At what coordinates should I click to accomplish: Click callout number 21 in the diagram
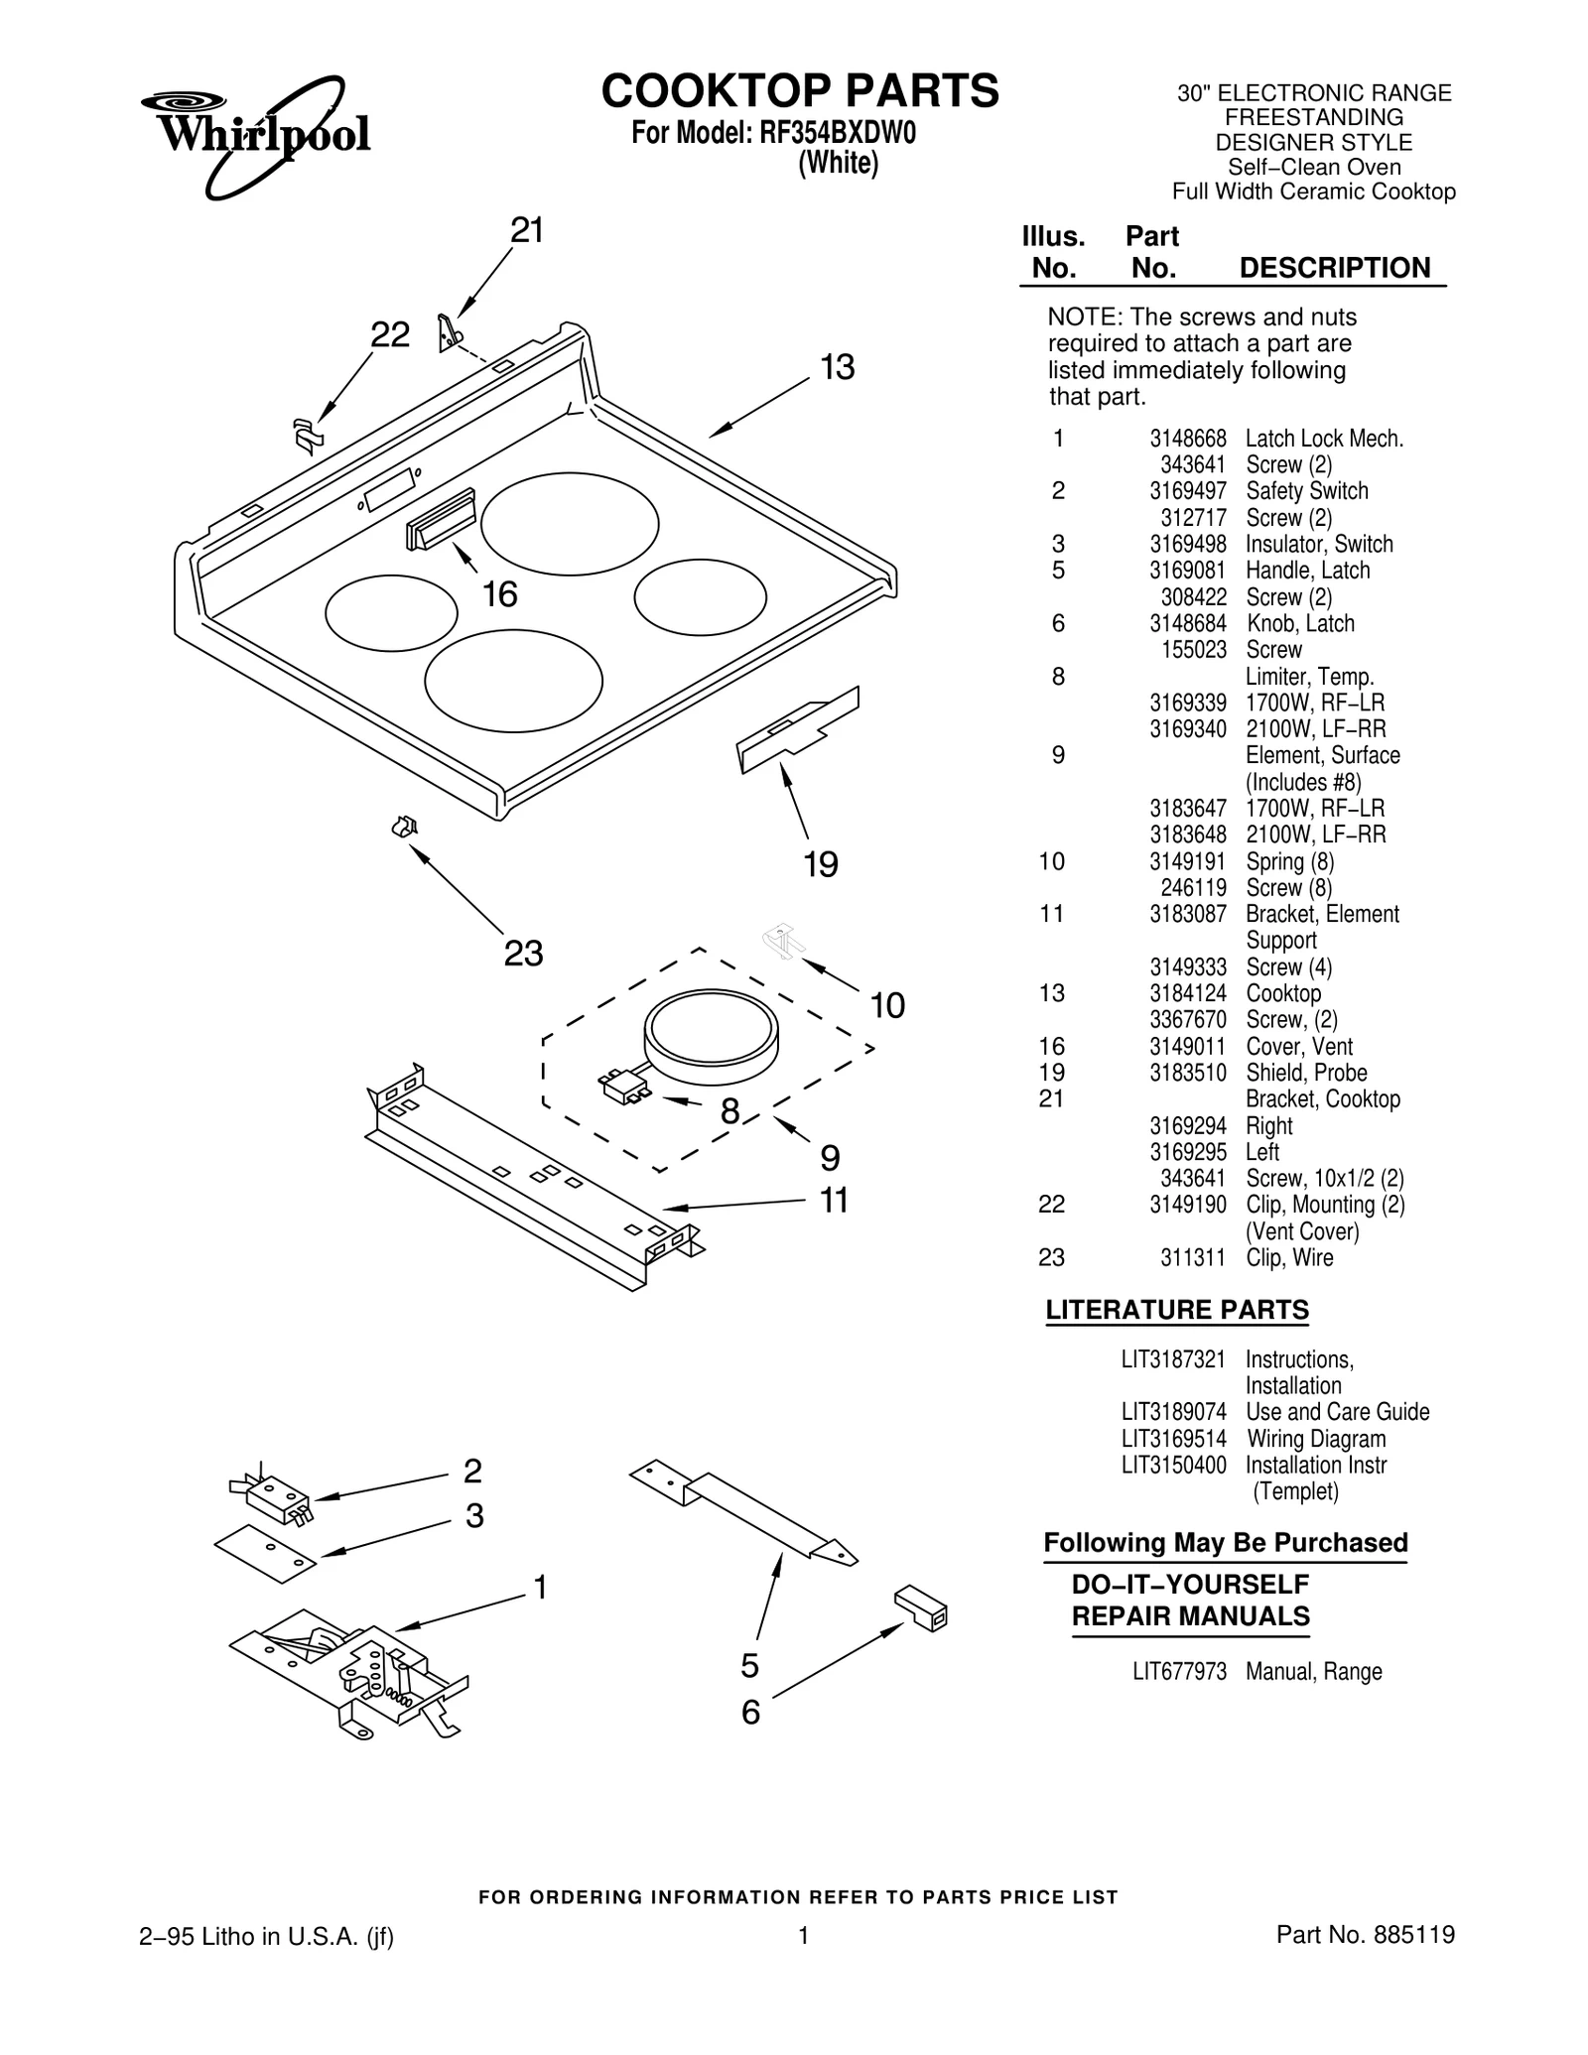click(527, 230)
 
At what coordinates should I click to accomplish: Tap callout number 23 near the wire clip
click(523, 954)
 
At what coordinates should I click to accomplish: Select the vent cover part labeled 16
click(441, 519)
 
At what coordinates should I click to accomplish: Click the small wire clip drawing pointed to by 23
click(405, 826)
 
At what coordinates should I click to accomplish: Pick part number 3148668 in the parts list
click(1187, 439)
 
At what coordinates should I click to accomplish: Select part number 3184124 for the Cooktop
click(1187, 993)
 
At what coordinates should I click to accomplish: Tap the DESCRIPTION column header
click(1334, 268)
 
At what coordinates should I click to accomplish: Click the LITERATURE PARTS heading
click(1176, 1310)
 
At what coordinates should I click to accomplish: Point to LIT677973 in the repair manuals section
click(1179, 1672)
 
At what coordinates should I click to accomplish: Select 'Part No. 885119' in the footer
click(1365, 1934)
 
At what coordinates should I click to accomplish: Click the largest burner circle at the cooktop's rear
click(570, 524)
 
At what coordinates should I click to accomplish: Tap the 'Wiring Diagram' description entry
click(1315, 1439)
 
